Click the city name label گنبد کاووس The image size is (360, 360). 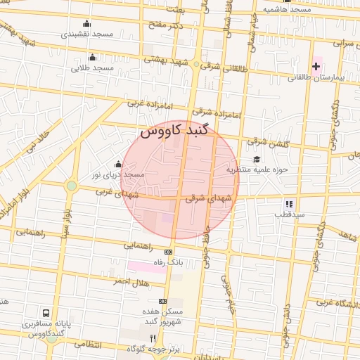175,131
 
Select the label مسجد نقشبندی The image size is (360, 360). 87,34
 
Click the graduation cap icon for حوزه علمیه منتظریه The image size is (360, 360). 257,159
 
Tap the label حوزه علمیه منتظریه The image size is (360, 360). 258,169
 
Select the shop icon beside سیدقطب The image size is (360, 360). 289,203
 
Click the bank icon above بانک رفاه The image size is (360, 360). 168,252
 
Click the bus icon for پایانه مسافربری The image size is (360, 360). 46,313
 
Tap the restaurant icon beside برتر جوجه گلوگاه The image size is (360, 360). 153,338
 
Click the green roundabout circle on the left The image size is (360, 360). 71,186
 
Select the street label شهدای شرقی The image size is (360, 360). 208,200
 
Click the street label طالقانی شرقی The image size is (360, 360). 224,67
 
